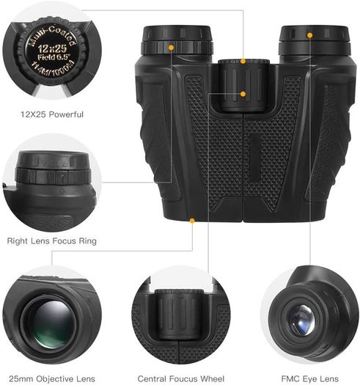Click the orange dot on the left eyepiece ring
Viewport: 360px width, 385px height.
[171, 48]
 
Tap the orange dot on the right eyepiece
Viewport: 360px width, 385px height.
[309, 35]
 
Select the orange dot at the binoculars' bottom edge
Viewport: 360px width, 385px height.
[192, 221]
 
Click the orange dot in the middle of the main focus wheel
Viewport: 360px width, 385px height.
[243, 94]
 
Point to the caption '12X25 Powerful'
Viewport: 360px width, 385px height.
[52, 114]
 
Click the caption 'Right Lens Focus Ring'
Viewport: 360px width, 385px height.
[52, 241]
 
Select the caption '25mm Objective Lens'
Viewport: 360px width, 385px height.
[52, 378]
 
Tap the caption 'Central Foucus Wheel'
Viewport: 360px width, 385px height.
[181, 378]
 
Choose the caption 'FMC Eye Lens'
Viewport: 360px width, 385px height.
[310, 378]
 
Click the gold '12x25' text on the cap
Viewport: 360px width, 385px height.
[52, 48]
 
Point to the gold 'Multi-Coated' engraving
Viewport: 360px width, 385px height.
[52, 36]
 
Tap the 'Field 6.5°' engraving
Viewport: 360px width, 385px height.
[54, 57]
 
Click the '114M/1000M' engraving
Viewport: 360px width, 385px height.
[52, 68]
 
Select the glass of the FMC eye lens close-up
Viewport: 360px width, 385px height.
[302, 320]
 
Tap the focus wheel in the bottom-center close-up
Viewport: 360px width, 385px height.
[179, 315]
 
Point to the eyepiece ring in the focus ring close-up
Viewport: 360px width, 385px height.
[53, 176]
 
